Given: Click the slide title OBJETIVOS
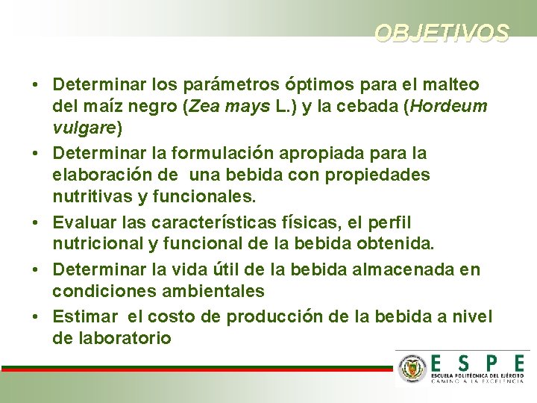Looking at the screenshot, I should click(x=442, y=34).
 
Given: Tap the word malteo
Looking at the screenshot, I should click(x=450, y=84).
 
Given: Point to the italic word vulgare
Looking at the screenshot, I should click(x=84, y=128).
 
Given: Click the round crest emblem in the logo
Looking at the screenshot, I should click(x=412, y=368).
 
